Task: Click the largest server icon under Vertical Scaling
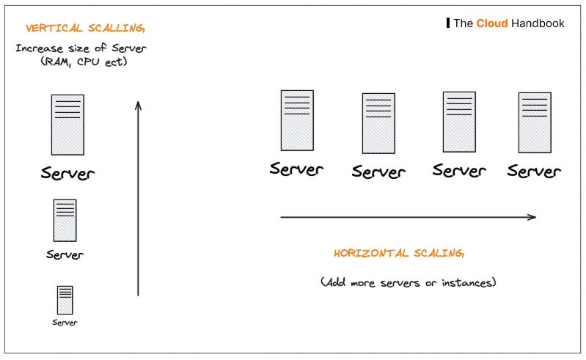(67, 124)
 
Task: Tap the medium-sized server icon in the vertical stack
(65, 220)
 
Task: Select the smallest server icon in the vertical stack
(65, 300)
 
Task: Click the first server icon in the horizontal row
(297, 120)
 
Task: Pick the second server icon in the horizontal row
(378, 123)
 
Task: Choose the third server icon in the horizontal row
(459, 122)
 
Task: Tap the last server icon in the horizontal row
(535, 122)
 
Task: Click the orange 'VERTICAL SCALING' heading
(85, 29)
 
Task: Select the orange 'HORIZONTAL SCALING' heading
(399, 254)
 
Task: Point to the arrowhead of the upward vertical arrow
(138, 105)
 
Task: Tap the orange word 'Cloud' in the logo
(491, 23)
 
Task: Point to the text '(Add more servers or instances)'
(408, 282)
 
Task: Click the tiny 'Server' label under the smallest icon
(65, 323)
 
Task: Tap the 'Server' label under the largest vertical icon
(67, 174)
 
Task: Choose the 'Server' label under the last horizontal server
(534, 172)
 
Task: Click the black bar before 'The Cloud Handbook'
(448, 23)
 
